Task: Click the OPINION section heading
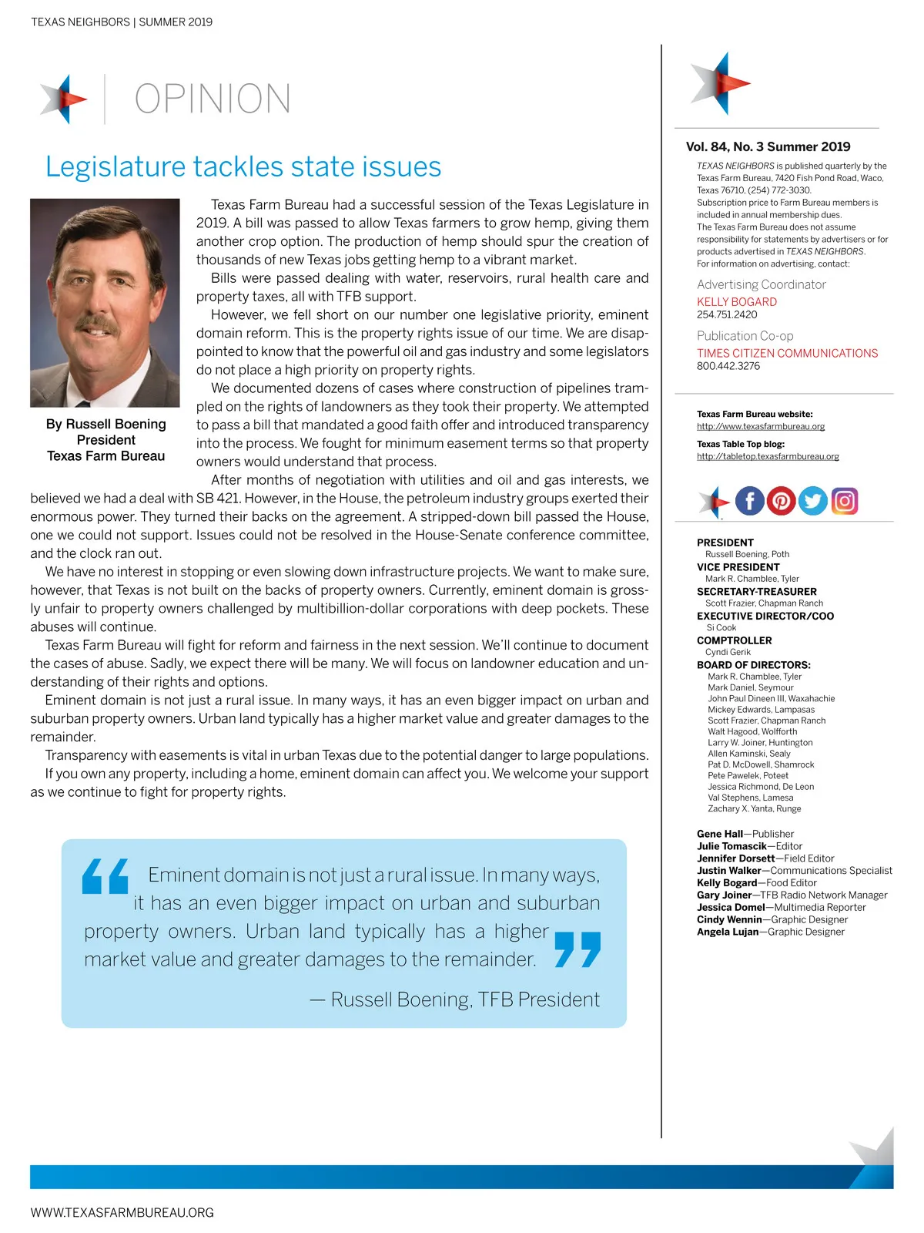click(213, 99)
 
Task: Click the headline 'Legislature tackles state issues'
click(243, 167)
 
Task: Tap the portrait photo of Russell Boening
click(105, 302)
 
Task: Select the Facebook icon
click(750, 501)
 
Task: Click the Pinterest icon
click(781, 501)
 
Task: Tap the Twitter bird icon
click(812, 501)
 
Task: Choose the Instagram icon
click(844, 501)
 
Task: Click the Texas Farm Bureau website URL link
click(760, 426)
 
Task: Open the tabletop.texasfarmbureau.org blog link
click(767, 456)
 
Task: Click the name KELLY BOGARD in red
click(736, 302)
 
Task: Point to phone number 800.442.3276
click(728, 366)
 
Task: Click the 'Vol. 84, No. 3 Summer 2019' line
click(768, 146)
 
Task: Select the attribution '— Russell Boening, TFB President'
click(454, 1000)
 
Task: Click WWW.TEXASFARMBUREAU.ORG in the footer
click(122, 1212)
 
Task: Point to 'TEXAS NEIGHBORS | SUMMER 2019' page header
click(122, 22)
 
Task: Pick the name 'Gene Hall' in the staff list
click(719, 834)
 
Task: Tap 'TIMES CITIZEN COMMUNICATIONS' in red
click(787, 353)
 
